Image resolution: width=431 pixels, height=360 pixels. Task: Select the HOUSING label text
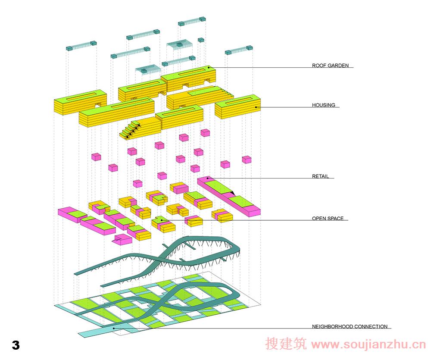pos(323,105)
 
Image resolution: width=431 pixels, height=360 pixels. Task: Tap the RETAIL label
pos(321,176)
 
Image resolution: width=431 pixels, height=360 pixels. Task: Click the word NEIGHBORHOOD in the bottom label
pos(332,327)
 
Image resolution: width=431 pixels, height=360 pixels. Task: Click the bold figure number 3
pos(16,345)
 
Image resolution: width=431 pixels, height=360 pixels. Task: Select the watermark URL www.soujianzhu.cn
pos(369,345)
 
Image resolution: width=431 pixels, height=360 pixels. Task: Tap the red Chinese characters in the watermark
pos(286,345)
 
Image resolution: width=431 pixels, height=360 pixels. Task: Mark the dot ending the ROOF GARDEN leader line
pos(208,67)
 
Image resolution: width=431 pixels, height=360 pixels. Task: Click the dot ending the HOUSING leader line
pos(256,106)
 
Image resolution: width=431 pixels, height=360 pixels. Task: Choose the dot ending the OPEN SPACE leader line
pos(161,220)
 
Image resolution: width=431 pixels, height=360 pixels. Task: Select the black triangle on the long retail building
pos(232,193)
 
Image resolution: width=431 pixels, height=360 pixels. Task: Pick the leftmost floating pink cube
pos(96,156)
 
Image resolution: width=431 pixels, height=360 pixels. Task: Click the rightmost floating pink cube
pos(247,160)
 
